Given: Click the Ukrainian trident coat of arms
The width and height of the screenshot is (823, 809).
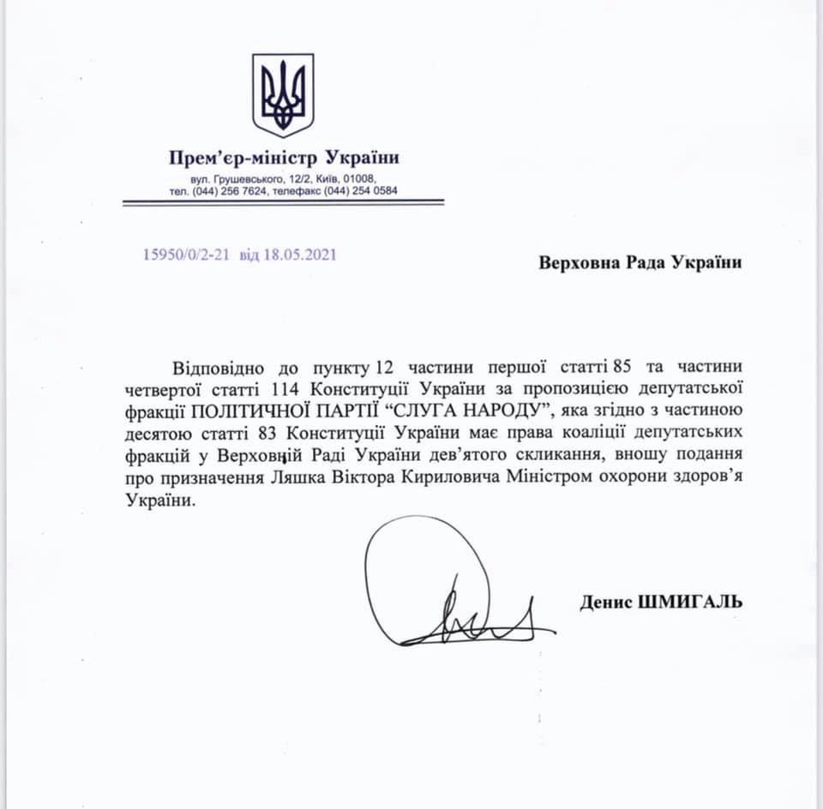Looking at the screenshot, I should tap(282, 95).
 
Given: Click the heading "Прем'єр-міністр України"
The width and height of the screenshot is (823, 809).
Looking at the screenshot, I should tap(284, 159).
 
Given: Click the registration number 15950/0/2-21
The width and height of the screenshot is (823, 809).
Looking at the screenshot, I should tap(187, 255).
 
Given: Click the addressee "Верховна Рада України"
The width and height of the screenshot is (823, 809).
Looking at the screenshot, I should tap(640, 263).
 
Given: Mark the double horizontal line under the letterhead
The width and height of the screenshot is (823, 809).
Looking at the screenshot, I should tap(283, 202).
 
